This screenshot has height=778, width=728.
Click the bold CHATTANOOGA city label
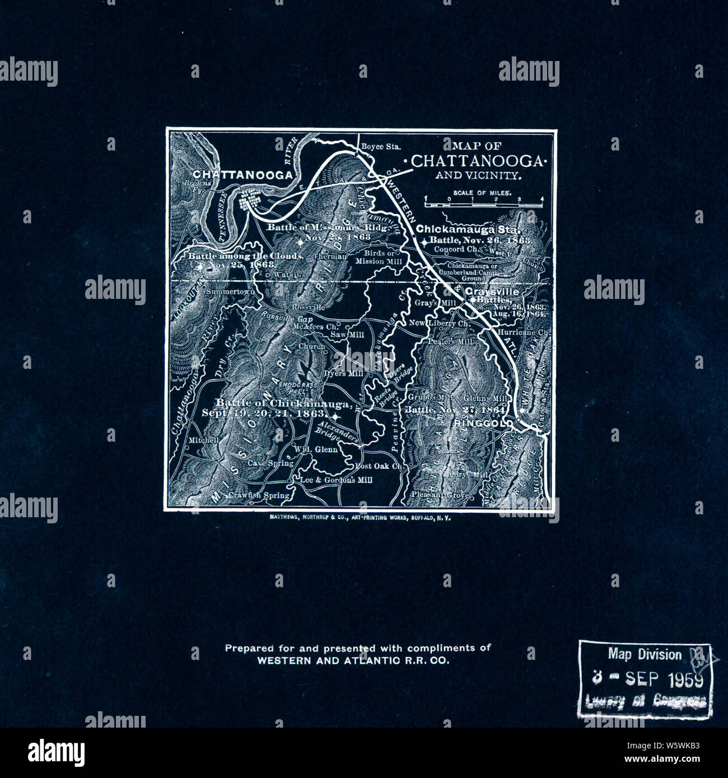click(242, 175)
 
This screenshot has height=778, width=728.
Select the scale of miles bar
click(483, 205)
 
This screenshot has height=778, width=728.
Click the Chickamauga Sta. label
click(469, 229)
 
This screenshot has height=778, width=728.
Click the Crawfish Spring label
click(259, 495)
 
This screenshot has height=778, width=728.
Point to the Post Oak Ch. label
click(379, 466)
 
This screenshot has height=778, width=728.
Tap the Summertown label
click(230, 292)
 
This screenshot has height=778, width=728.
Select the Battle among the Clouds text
click(245, 256)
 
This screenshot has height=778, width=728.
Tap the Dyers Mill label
click(343, 373)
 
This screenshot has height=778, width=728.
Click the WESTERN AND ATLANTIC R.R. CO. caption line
click(353, 660)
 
